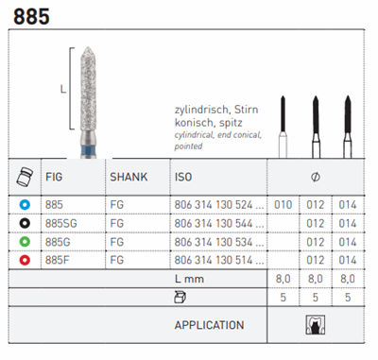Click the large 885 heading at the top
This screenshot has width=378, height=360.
pyautogui.click(x=31, y=17)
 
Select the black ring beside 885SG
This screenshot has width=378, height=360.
pyautogui.click(x=25, y=223)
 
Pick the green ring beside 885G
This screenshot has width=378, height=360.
pyautogui.click(x=25, y=242)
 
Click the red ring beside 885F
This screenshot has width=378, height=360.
pyautogui.click(x=25, y=260)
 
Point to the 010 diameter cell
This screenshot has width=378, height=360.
pyautogui.click(x=283, y=205)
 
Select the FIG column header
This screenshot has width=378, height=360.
pyautogui.click(x=54, y=177)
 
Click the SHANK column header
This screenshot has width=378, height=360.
pyautogui.click(x=129, y=177)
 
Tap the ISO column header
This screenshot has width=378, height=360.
pyautogui.click(x=183, y=177)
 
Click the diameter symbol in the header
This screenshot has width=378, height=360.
pyautogui.click(x=316, y=177)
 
